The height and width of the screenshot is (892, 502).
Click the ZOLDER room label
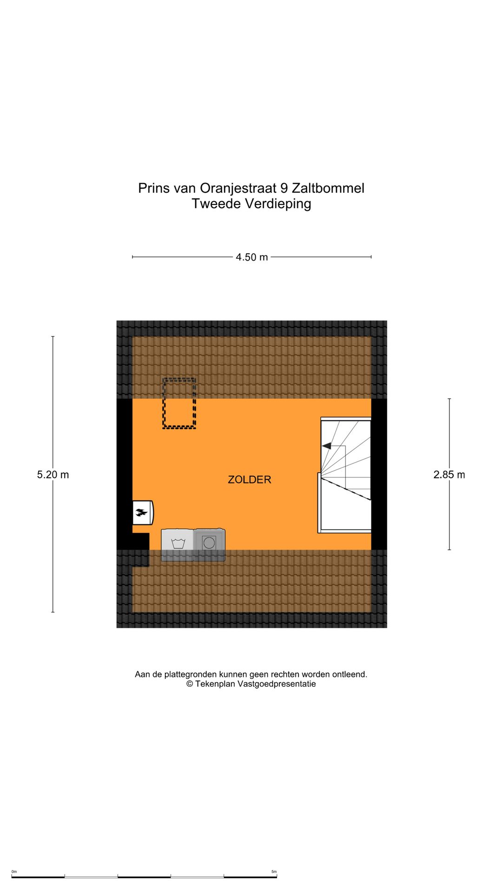(249, 479)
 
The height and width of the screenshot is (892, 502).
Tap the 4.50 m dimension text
(251, 257)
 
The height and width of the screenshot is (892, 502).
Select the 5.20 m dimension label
(53, 474)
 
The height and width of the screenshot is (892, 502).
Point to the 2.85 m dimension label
(449, 474)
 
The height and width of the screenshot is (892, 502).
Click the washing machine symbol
(178, 544)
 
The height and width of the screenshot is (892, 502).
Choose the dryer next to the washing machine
(209, 544)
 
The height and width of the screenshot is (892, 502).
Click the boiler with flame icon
(142, 512)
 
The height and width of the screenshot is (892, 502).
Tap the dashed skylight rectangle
(179, 403)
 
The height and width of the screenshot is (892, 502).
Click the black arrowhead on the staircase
(326, 446)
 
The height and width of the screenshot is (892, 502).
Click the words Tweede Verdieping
(251, 203)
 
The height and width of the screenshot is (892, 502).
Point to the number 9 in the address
(284, 188)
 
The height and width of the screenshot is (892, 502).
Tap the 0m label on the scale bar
(14, 872)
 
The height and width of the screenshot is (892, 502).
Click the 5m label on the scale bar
(274, 872)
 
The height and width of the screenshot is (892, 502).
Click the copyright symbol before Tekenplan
(190, 684)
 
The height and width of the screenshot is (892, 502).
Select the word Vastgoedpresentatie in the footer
(277, 684)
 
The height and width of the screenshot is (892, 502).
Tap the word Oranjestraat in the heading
(238, 188)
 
